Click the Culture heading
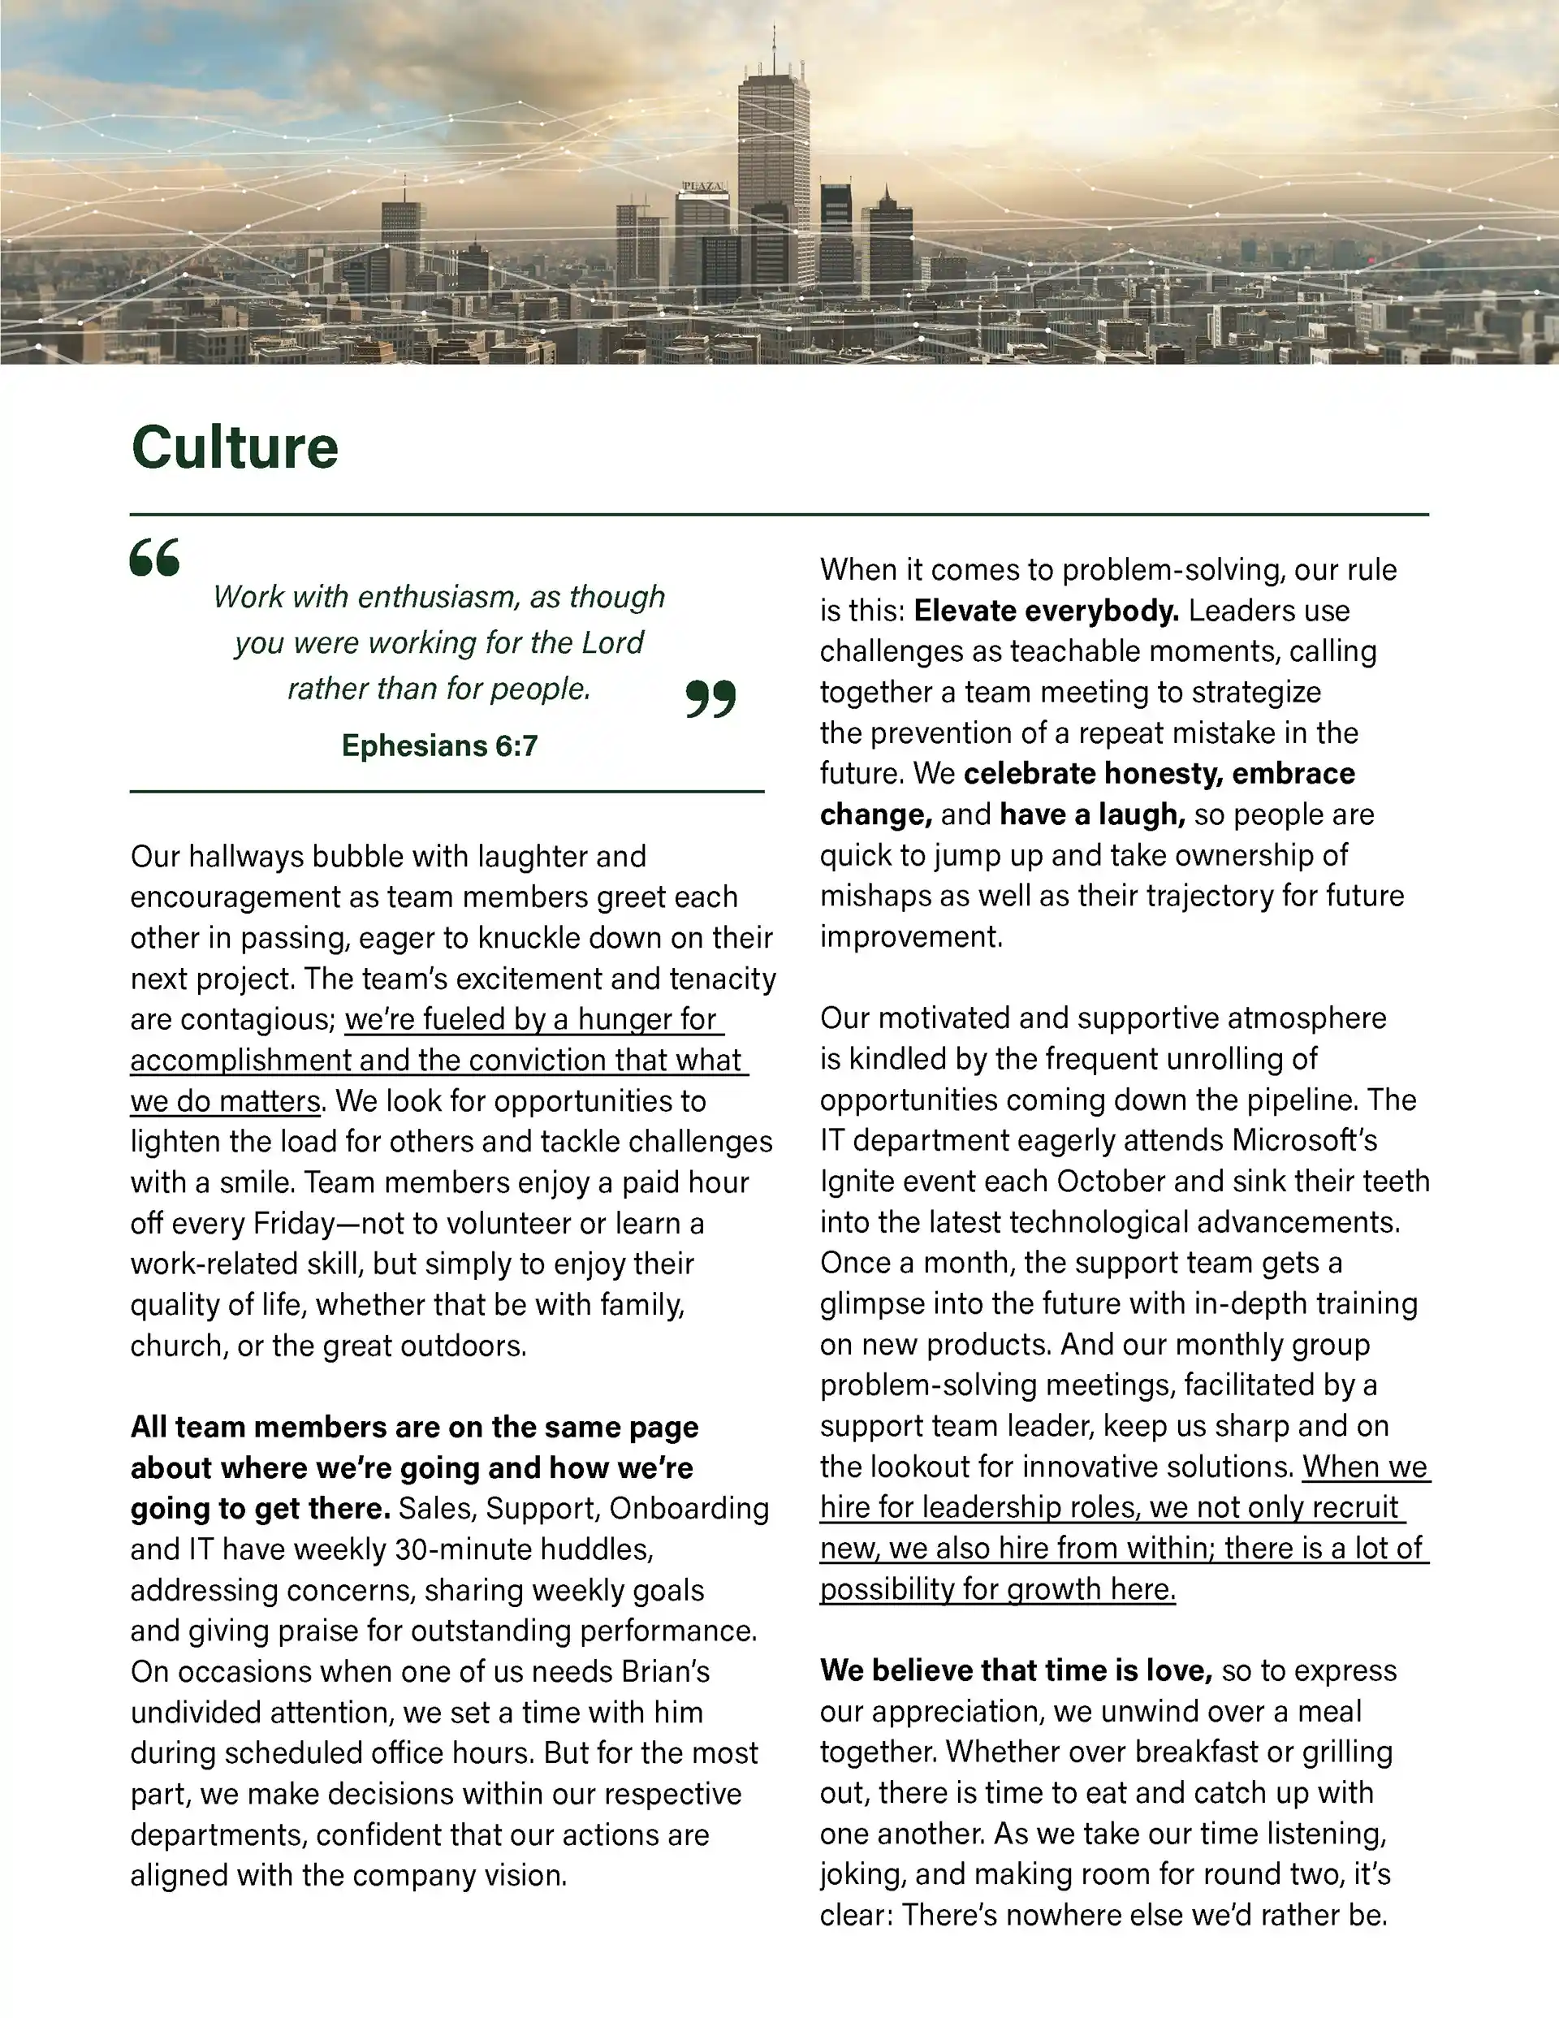tap(235, 448)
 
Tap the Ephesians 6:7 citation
tap(439, 745)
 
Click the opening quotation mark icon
tap(154, 557)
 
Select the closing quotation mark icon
tap(710, 698)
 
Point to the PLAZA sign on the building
tap(703, 187)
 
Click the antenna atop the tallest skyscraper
tap(774, 46)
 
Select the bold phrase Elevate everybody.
tap(1046, 611)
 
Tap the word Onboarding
tap(689, 1509)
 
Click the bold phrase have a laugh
tap(1092, 814)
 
